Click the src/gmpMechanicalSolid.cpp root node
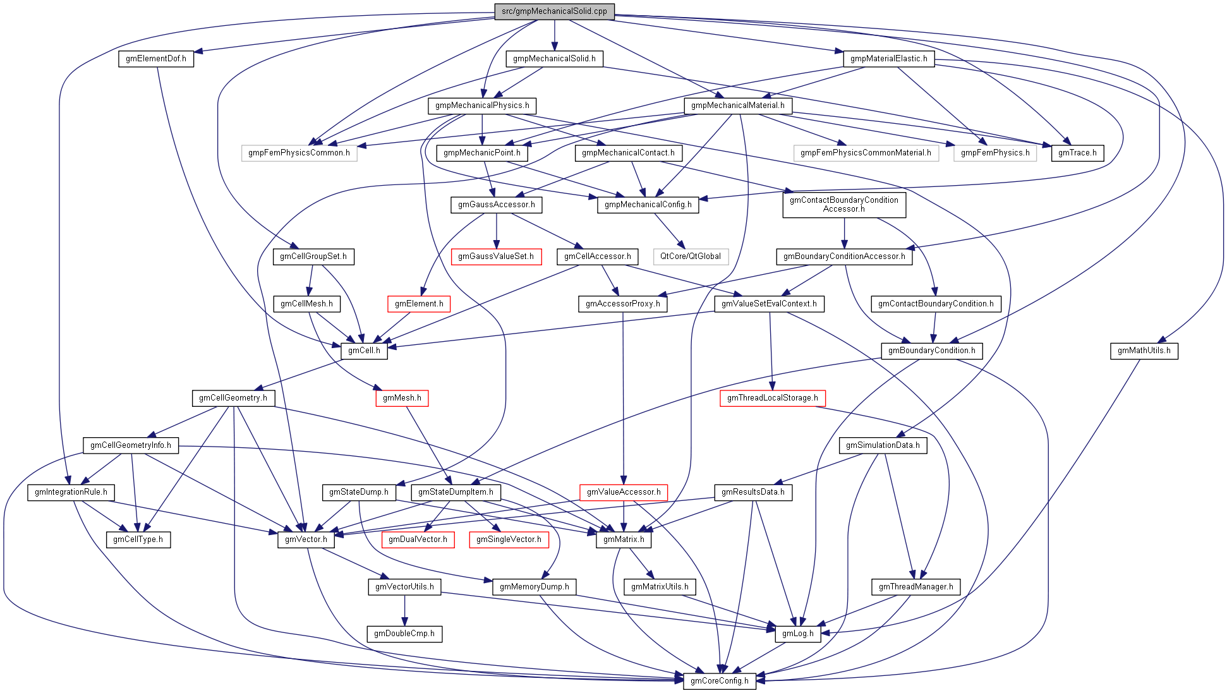point(554,11)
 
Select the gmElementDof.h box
point(155,59)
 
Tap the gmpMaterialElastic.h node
point(888,59)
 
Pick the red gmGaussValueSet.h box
point(496,256)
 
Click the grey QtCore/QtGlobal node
point(690,256)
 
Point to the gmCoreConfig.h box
point(719,681)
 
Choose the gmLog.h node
point(797,634)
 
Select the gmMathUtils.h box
point(1144,351)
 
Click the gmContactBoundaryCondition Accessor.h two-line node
point(843,205)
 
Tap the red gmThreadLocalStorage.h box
point(772,398)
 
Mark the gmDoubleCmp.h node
point(404,634)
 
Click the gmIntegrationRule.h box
point(71,492)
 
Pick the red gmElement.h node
point(419,304)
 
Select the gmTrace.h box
point(1077,153)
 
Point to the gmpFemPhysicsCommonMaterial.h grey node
point(865,153)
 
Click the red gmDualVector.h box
point(418,539)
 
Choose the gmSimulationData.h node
point(883,445)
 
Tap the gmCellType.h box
point(138,539)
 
